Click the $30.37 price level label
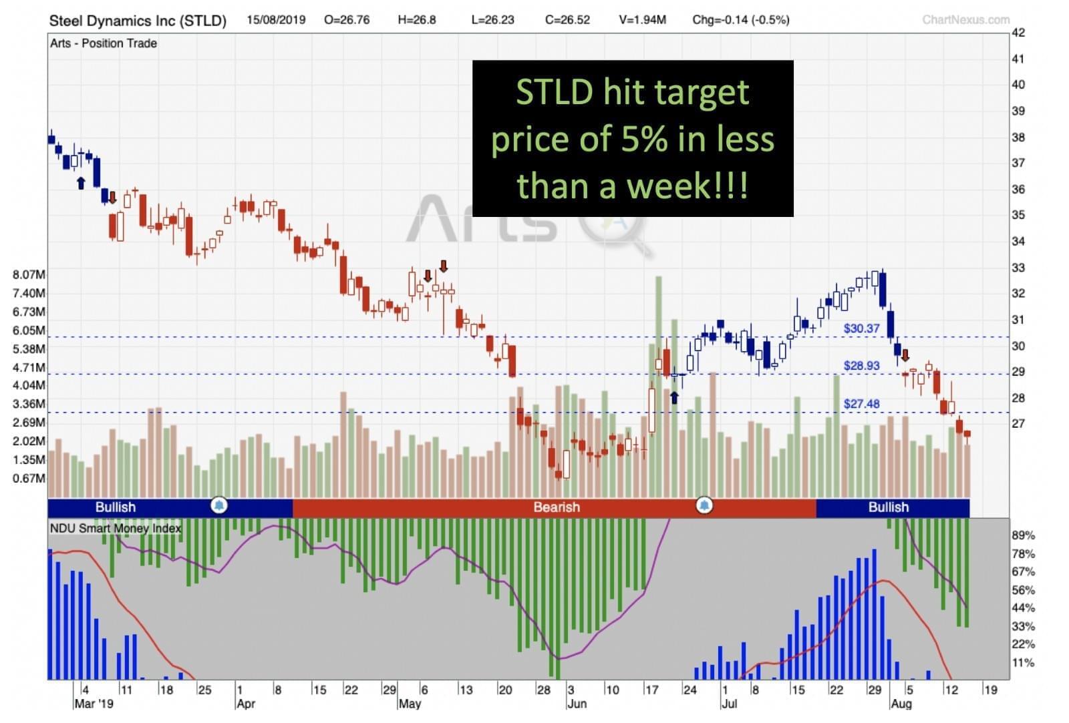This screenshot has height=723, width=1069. (861, 328)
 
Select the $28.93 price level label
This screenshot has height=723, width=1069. (861, 366)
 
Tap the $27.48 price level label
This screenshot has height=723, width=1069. (861, 404)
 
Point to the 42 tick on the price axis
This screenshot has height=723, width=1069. (1018, 33)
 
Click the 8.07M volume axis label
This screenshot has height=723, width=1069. (29, 274)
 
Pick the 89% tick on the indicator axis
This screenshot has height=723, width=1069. (1023, 535)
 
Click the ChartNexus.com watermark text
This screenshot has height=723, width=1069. (965, 20)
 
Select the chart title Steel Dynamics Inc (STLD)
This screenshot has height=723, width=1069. (138, 21)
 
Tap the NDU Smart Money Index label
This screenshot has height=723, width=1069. (116, 528)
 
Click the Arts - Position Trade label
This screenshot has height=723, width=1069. (104, 43)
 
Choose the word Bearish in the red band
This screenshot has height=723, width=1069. (557, 507)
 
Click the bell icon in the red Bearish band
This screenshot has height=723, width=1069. (704, 505)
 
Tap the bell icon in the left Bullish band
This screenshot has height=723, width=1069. (218, 505)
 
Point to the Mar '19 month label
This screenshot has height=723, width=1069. (94, 704)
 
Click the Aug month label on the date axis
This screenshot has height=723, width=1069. (901, 704)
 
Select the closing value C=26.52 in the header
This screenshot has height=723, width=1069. (567, 19)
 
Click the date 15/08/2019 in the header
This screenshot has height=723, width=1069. (276, 19)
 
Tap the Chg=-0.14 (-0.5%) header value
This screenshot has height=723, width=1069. (740, 19)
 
